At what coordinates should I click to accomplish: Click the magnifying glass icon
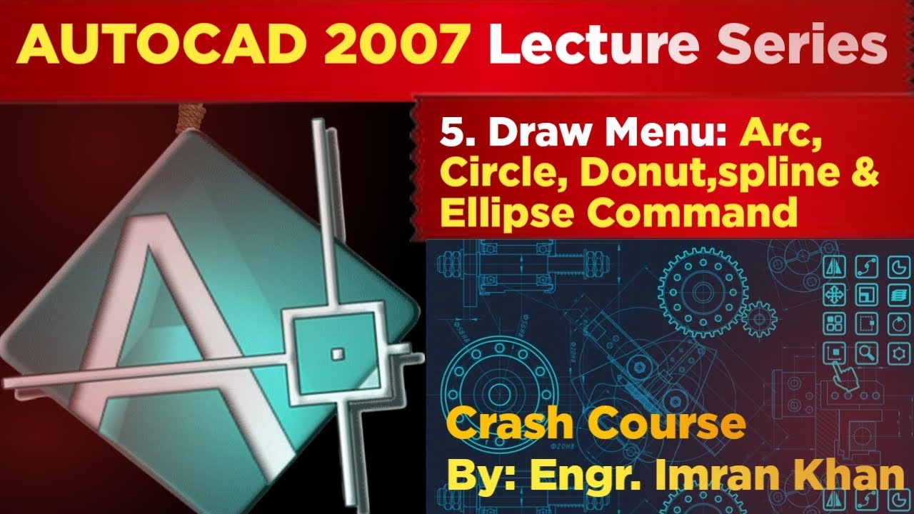tap(868, 352)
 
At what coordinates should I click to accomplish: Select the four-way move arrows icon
tap(834, 293)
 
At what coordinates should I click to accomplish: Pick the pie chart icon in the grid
tap(897, 268)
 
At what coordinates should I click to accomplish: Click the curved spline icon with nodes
tap(866, 268)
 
